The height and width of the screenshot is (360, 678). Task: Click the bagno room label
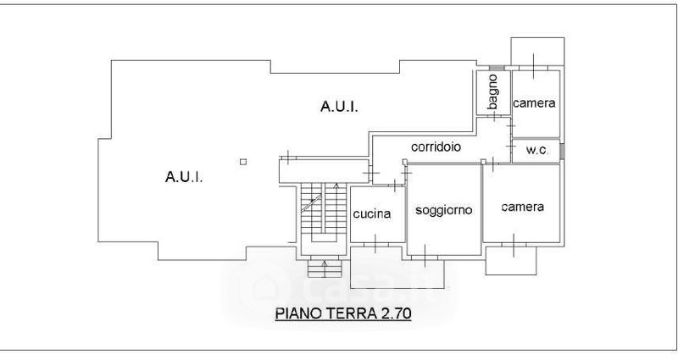(x=492, y=91)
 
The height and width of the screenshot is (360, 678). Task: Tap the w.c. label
(x=536, y=150)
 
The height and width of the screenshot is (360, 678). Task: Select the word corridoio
(x=436, y=147)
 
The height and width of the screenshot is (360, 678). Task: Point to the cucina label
(x=372, y=213)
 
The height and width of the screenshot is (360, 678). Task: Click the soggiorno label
(x=443, y=209)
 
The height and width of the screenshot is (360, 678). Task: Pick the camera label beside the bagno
(x=535, y=103)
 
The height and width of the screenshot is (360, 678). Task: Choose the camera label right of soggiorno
(x=521, y=207)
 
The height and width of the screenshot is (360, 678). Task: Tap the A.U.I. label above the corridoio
(x=338, y=107)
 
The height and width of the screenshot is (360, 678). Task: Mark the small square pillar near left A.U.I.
(x=242, y=162)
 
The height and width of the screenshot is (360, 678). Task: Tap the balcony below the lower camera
(x=510, y=260)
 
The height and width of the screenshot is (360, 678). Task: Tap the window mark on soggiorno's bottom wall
(x=443, y=254)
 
